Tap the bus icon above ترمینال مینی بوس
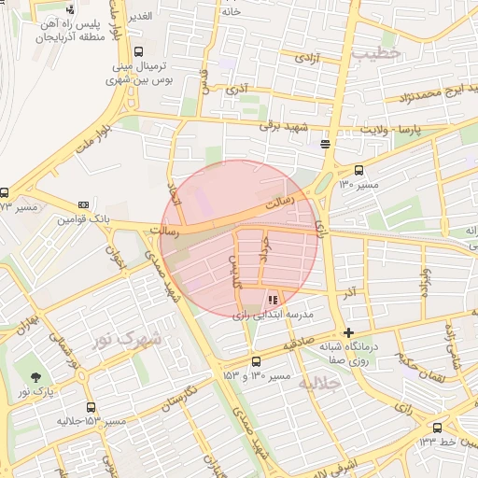(139, 52)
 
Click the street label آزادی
(305, 58)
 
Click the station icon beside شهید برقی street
(325, 144)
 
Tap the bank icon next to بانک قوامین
(84, 204)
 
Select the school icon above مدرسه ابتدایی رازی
(273, 301)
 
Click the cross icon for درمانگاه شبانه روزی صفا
(348, 332)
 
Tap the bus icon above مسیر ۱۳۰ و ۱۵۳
(256, 362)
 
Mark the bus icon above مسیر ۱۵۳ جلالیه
(91, 407)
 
